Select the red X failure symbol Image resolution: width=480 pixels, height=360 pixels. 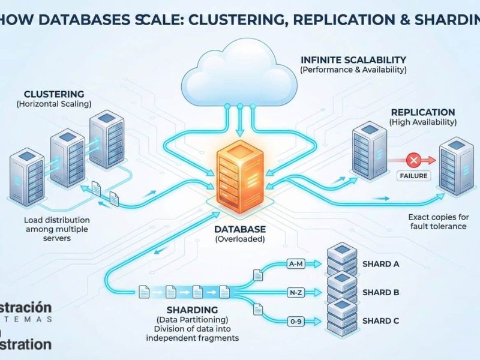413,160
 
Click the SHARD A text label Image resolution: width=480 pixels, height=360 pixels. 381,264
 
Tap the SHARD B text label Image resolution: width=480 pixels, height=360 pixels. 381,292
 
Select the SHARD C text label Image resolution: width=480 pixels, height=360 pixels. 381,321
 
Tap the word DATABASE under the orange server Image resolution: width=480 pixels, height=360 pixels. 239,230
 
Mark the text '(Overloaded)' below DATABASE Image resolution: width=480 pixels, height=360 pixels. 239,240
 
